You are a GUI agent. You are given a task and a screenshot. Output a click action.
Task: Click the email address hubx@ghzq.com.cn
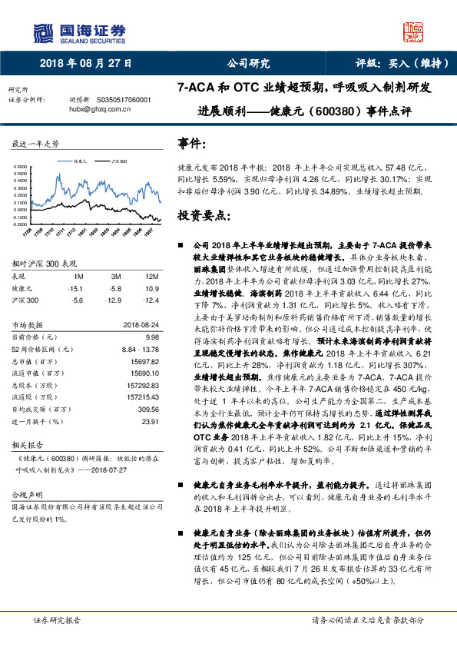tap(100, 109)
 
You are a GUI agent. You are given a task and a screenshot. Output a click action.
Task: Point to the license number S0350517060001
tap(124, 100)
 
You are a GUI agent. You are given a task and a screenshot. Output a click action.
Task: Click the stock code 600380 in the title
tap(336, 111)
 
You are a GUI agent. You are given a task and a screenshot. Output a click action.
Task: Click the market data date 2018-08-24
tap(141, 325)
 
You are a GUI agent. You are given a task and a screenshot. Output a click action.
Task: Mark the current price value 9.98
tap(151, 337)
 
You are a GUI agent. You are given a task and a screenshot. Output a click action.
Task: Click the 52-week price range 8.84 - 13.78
tap(137, 348)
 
